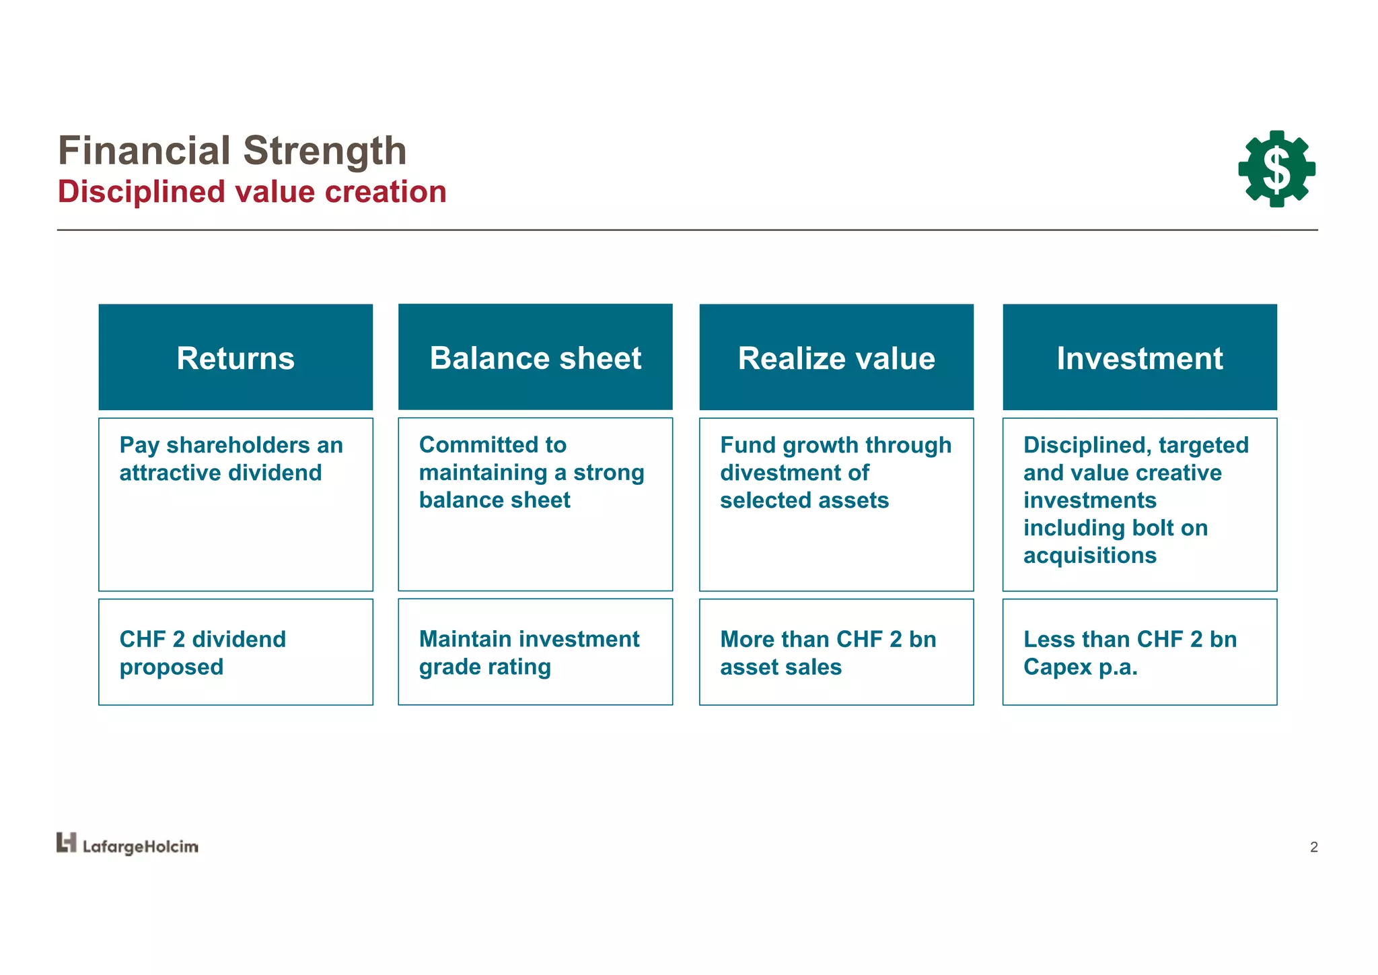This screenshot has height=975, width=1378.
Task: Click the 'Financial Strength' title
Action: click(x=232, y=150)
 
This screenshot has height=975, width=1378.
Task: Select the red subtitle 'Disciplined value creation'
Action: click(x=252, y=192)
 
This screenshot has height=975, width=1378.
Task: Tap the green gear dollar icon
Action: click(x=1276, y=169)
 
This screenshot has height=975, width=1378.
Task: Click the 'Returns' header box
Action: click(x=235, y=358)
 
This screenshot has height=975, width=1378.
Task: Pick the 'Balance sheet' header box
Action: click(x=535, y=358)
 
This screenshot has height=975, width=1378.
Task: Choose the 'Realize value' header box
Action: click(x=836, y=358)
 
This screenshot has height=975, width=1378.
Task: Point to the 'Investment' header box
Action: click(x=1139, y=358)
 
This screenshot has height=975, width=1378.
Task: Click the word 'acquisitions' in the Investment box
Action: click(x=1089, y=556)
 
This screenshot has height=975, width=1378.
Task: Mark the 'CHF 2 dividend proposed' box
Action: click(x=235, y=652)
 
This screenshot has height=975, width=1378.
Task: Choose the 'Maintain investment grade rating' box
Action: click(x=535, y=652)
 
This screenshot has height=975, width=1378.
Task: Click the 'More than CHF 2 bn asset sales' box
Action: click(x=836, y=652)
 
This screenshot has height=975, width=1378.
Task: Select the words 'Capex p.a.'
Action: click(x=1080, y=667)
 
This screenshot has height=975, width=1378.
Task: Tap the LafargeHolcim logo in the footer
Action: click(x=127, y=845)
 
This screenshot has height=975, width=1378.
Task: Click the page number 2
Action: click(x=1313, y=847)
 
